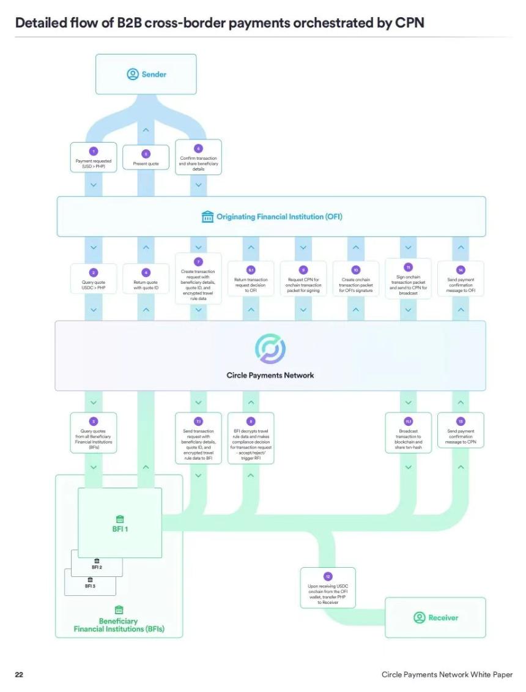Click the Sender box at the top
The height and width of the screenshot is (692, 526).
coord(146,74)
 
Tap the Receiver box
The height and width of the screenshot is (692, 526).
coord(435,617)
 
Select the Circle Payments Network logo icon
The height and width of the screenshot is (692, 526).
coord(270,349)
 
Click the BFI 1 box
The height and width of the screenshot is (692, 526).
coord(120,523)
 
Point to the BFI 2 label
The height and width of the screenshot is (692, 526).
coord(97,567)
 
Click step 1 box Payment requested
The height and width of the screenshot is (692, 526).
coord(94,157)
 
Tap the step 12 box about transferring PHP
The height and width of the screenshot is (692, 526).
coord(328,588)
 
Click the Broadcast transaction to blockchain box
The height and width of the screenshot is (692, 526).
coord(409,432)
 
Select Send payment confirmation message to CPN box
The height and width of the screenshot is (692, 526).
coord(461,432)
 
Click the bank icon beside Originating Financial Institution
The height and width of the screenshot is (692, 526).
coord(207,217)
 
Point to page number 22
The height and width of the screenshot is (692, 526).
coord(19,674)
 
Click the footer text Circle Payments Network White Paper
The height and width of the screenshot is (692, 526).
coord(446,674)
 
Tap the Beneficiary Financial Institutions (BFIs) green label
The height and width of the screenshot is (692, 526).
coord(119,624)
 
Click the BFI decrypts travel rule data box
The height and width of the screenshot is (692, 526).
coord(251,436)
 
